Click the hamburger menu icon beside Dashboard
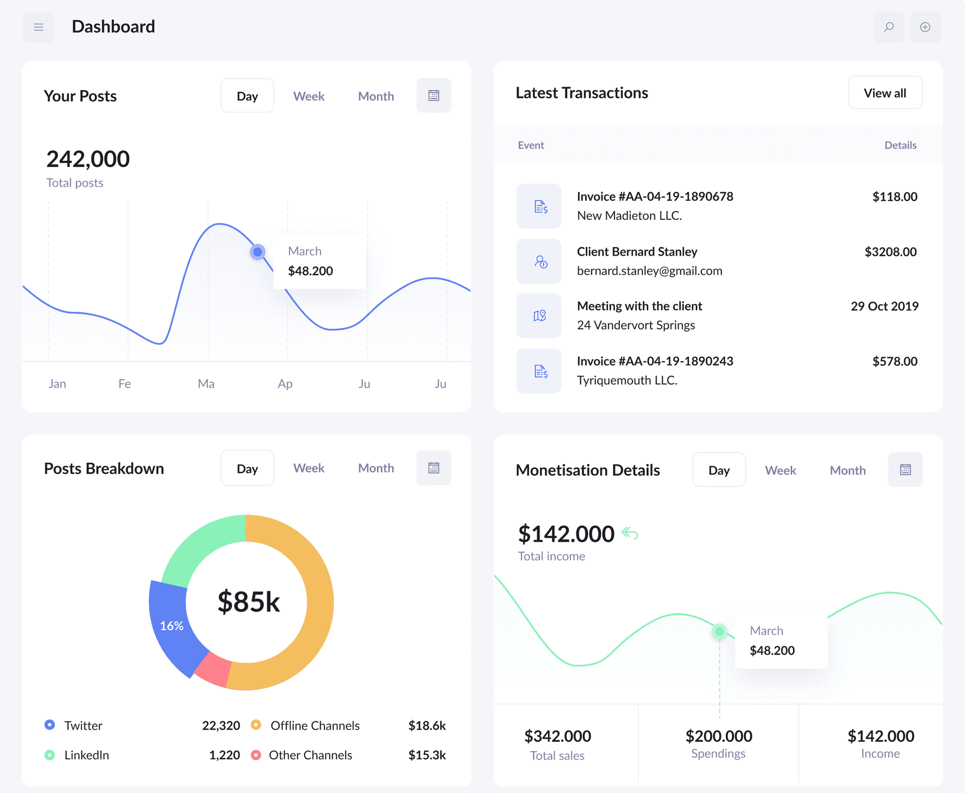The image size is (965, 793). (39, 27)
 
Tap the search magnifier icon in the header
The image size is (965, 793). (889, 27)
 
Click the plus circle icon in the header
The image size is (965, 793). (925, 27)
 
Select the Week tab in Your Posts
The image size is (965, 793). (309, 96)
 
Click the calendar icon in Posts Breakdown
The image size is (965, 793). (433, 468)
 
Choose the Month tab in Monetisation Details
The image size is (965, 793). (848, 470)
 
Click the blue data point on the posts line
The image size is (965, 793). (258, 252)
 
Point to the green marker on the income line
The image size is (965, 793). (720, 631)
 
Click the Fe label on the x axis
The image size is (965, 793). (124, 384)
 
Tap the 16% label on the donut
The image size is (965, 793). (172, 626)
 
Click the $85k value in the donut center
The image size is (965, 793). (248, 602)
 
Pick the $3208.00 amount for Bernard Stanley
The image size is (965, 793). (891, 252)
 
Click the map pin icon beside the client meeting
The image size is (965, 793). (539, 316)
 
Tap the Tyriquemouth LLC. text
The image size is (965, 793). (627, 380)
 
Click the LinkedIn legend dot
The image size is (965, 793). (49, 755)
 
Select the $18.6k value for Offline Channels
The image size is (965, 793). (427, 726)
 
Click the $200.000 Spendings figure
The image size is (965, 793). (719, 736)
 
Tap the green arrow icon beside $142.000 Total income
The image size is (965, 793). (630, 533)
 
